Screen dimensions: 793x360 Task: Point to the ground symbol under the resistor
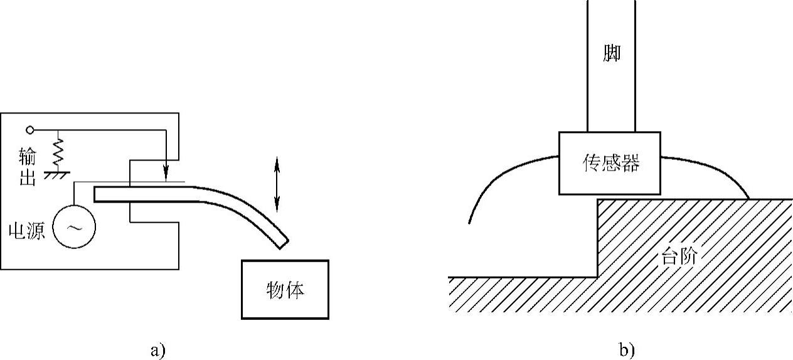click(56, 171)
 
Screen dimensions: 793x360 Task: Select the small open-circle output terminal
click(29, 130)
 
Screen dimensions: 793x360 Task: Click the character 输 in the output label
click(26, 154)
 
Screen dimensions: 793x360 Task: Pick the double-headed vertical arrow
click(277, 185)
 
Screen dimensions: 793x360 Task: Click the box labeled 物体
click(285, 289)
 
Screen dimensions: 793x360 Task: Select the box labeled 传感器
click(609, 163)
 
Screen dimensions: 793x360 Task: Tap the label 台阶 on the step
click(680, 257)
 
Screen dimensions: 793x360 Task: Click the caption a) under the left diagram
click(157, 350)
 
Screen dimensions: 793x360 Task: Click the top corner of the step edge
click(597, 200)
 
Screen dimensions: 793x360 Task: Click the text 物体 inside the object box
click(285, 292)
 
